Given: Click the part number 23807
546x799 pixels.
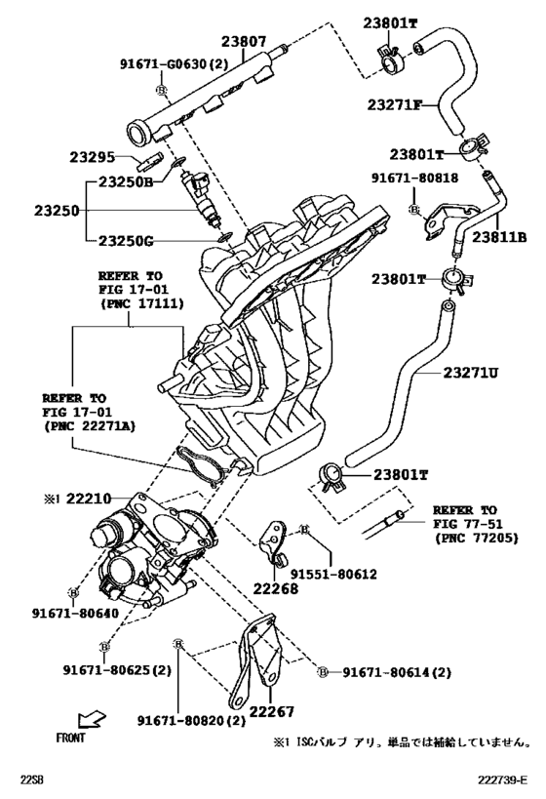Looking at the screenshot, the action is click(244, 42).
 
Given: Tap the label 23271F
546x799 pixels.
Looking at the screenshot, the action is click(395, 105).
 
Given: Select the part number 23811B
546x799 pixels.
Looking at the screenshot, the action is click(499, 237).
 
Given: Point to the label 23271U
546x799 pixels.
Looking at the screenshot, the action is click(470, 373).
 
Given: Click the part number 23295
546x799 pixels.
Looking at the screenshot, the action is click(93, 157).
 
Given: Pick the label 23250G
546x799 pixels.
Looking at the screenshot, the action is click(126, 240).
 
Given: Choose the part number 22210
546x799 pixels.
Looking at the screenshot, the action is click(89, 498).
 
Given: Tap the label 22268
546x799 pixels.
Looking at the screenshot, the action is click(276, 588).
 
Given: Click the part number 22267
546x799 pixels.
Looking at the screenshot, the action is click(271, 711).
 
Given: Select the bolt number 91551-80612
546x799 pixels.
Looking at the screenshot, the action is click(333, 575).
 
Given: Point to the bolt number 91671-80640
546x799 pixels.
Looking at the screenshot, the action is click(75, 613).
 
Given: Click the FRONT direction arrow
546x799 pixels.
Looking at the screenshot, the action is click(92, 721).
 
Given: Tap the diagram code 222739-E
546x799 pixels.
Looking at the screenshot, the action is click(502, 779).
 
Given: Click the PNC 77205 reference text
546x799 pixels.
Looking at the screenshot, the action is click(476, 538).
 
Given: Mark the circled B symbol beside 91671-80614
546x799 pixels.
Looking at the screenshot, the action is click(323, 672).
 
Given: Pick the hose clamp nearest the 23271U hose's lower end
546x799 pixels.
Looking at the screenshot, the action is click(331, 476).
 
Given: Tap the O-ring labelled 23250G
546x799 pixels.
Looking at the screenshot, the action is click(224, 236).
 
